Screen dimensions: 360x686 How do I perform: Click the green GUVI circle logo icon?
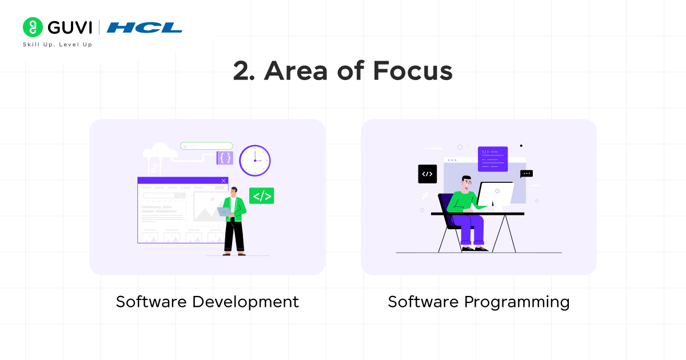coord(33,27)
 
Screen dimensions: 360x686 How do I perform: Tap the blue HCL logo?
coord(144,27)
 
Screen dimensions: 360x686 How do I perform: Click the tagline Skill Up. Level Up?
coord(57,45)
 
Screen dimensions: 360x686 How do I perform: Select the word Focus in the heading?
coord(412,72)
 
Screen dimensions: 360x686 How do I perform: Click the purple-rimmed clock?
coord(254,161)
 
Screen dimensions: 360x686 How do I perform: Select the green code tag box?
coord(261,196)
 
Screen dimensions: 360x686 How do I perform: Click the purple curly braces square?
coord(225,158)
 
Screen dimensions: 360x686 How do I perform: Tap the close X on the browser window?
coord(224,181)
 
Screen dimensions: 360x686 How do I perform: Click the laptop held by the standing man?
coord(224,211)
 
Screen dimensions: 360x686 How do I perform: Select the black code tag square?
coord(427,174)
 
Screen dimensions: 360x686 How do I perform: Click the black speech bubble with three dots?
coord(527,173)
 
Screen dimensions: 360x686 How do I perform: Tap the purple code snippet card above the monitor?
coord(492,158)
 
